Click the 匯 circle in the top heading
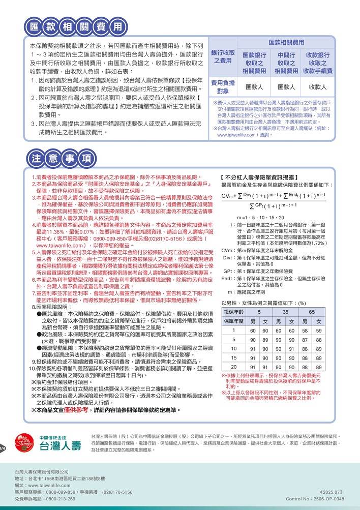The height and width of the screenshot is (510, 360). pyautogui.click(x=35, y=25)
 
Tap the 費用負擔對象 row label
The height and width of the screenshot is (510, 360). pyautogui.click(x=223, y=87)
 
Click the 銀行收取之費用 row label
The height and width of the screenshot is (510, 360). pyautogui.click(x=223, y=56)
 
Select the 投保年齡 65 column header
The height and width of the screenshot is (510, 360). pyautogui.click(x=312, y=311)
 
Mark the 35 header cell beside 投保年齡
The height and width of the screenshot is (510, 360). pyautogui.click(x=286, y=311)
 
